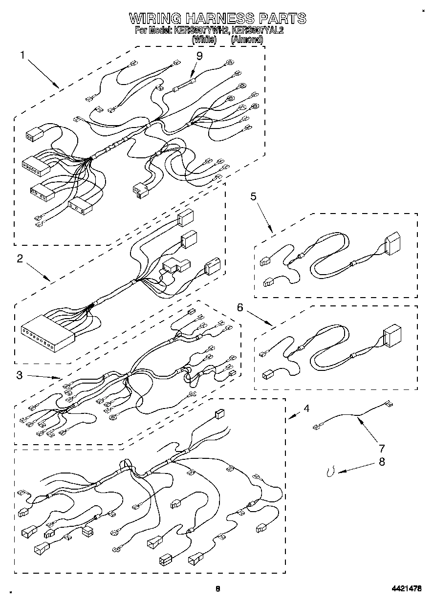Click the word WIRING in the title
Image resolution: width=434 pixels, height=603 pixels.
click(155, 19)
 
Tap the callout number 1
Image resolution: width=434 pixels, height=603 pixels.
click(22, 55)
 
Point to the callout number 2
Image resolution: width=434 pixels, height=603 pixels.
click(20, 259)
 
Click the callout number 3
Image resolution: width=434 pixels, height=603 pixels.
click(20, 375)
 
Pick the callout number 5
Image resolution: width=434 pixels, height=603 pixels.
click(253, 196)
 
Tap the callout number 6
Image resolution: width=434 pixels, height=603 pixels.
click(239, 307)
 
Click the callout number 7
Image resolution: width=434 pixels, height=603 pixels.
click(382, 448)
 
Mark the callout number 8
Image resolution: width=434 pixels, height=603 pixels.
click(382, 461)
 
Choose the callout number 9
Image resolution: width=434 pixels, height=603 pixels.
click(199, 56)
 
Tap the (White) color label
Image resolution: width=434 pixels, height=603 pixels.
click(204, 39)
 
